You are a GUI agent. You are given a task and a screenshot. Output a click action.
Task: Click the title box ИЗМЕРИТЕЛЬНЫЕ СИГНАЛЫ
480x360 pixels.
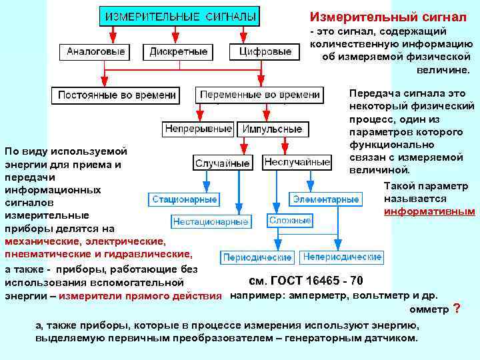tap(180, 16)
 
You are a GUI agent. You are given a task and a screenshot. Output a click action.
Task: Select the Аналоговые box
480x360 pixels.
tap(93, 51)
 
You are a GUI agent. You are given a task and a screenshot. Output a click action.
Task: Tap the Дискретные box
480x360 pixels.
tap(178, 51)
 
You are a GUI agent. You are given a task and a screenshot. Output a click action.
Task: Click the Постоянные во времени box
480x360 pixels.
tap(117, 95)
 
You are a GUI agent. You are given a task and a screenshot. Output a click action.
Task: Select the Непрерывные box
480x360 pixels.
tap(198, 129)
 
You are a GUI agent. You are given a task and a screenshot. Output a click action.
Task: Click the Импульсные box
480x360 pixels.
tap(272, 129)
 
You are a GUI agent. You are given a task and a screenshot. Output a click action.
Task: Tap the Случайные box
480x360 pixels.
tap(223, 163)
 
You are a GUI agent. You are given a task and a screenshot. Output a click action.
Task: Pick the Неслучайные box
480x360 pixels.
tap(297, 162)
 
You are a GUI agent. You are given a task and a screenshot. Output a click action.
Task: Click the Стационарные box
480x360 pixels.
tap(185, 199)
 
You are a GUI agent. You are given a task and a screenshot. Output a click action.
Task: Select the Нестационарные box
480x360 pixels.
tap(211, 221)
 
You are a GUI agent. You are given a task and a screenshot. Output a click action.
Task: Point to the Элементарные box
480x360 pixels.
tap(326, 199)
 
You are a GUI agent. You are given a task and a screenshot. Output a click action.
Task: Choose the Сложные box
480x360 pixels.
tap(290, 220)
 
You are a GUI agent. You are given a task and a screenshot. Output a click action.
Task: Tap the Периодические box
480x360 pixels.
tap(257, 257)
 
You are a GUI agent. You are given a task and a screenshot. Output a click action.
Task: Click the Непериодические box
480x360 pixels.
tap(342, 257)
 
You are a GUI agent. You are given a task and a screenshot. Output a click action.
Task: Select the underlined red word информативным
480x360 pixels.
tap(430, 211)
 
